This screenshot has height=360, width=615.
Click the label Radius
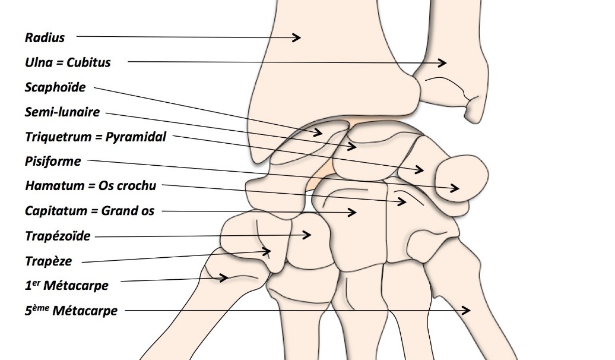tap(45, 37)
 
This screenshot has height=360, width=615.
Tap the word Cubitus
tap(88, 62)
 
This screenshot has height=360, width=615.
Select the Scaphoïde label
tap(55, 87)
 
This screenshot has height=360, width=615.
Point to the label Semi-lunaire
tap(62, 112)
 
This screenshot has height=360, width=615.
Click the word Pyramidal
tap(136, 137)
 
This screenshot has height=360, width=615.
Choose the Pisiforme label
tap(53, 162)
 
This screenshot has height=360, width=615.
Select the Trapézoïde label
tap(58, 236)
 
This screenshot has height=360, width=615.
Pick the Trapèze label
tap(49, 261)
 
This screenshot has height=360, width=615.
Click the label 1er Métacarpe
tap(66, 285)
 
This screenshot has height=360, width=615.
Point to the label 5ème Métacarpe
tap(71, 311)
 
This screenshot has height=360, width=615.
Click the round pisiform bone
tap(462, 179)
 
